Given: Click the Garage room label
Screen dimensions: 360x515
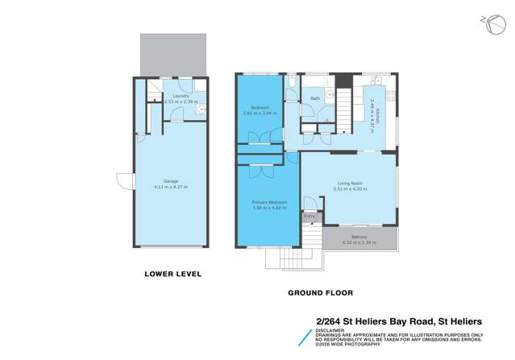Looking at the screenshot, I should (x=171, y=180).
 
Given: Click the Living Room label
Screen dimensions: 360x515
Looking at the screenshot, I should (x=350, y=184).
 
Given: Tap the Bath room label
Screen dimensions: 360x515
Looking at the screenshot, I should (x=315, y=99).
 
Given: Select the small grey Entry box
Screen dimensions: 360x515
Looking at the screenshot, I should (x=309, y=217).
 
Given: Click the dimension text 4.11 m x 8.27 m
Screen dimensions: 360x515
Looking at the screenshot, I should (x=171, y=187).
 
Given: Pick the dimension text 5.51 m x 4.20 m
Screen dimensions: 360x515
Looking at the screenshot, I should (x=350, y=190).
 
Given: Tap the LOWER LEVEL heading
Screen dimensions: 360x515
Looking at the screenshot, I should (x=172, y=274).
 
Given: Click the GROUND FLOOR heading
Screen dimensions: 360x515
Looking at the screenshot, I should (x=321, y=292).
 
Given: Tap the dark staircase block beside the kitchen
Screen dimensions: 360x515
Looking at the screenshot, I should (x=343, y=82).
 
